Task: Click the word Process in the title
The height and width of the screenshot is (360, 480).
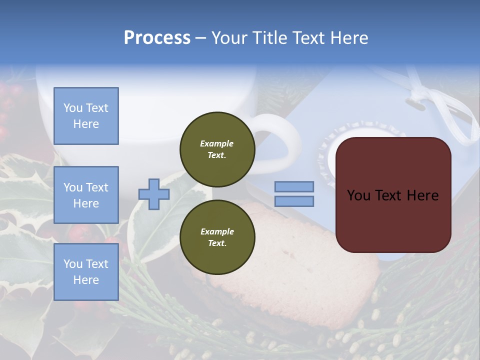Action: pos(157,38)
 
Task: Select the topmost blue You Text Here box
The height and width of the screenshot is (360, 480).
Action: pos(86,116)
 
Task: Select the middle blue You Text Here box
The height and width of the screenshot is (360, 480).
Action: pos(86,195)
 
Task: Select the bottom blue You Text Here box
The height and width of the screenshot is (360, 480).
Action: pos(86,271)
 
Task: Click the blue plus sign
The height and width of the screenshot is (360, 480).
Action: pos(154,194)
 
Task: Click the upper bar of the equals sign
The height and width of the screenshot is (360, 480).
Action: pos(294,186)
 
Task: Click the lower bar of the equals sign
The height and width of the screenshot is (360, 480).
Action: pos(294,201)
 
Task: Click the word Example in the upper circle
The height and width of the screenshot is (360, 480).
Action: pos(217,143)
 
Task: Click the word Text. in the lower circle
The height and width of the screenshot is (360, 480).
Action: pos(217,243)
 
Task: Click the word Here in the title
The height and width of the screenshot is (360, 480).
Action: pos(348,38)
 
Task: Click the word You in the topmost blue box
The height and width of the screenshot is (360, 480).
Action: pos(73,108)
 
